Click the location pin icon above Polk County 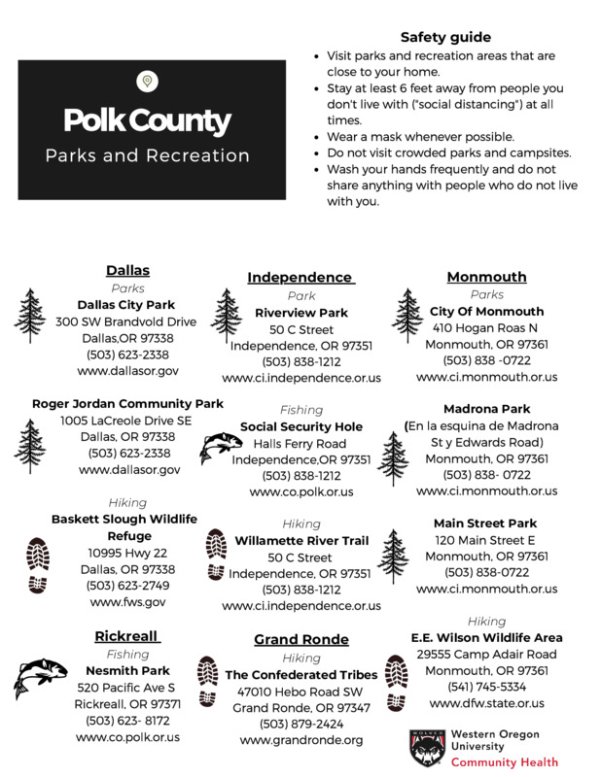pyautogui.click(x=147, y=81)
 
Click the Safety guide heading pyautogui.click(x=445, y=37)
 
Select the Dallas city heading pyautogui.click(x=127, y=270)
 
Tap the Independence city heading pyautogui.click(x=300, y=277)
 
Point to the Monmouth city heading pyautogui.click(x=486, y=277)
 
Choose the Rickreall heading pyautogui.click(x=127, y=636)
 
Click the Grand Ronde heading pyautogui.click(x=301, y=639)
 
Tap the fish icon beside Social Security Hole pyautogui.click(x=221, y=448)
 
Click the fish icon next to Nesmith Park pyautogui.click(x=41, y=678)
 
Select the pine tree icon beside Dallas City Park pyautogui.click(x=32, y=317)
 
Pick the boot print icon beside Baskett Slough pyautogui.click(x=37, y=564)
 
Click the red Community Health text pyautogui.click(x=504, y=762)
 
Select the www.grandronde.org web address pyautogui.click(x=301, y=740)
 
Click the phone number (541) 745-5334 pyautogui.click(x=486, y=687)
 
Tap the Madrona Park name pyautogui.click(x=486, y=409)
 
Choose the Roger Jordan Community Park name pyautogui.click(x=127, y=403)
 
